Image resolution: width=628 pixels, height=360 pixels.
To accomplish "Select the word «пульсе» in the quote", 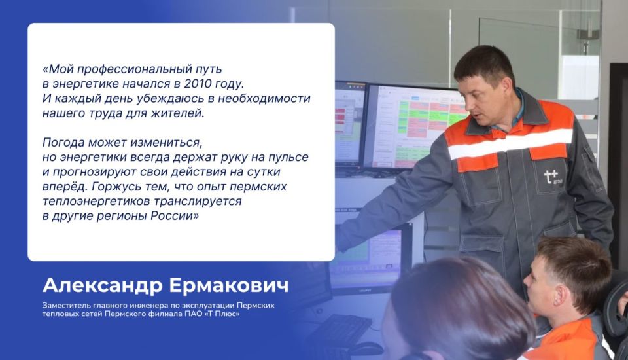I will click(286, 157).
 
